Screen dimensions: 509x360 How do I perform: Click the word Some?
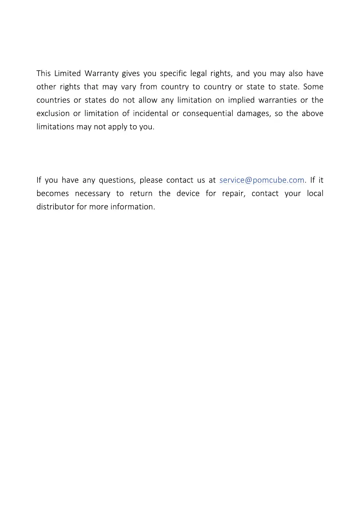[x=313, y=87]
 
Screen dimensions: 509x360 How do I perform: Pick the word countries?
[x=53, y=100]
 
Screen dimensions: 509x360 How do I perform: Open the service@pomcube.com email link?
[x=262, y=180]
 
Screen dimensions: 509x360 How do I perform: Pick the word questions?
[x=116, y=180]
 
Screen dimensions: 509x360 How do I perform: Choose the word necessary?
[x=92, y=193]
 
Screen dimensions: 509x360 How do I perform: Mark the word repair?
[x=233, y=193]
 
